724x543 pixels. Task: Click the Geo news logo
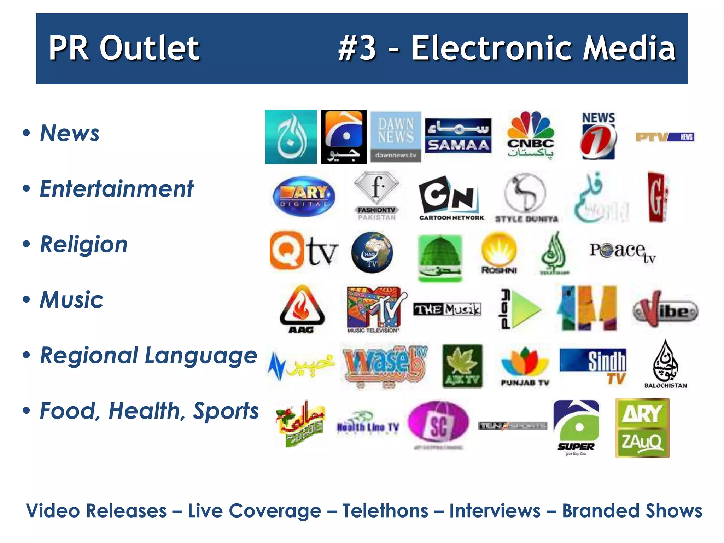(x=344, y=137)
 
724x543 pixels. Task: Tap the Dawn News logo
(x=396, y=137)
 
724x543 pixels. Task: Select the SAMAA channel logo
(x=458, y=136)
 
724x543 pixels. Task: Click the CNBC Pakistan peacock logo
(x=530, y=135)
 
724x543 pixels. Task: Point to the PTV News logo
(x=665, y=137)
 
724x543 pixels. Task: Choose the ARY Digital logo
(x=304, y=196)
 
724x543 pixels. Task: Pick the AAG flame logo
(x=302, y=309)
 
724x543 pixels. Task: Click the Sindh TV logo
(x=593, y=366)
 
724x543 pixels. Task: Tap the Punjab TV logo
(x=525, y=366)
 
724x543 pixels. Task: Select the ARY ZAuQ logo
(x=642, y=428)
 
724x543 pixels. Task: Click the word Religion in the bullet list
(x=84, y=244)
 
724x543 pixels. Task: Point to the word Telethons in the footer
(x=385, y=511)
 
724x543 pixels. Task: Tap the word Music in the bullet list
(x=72, y=300)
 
